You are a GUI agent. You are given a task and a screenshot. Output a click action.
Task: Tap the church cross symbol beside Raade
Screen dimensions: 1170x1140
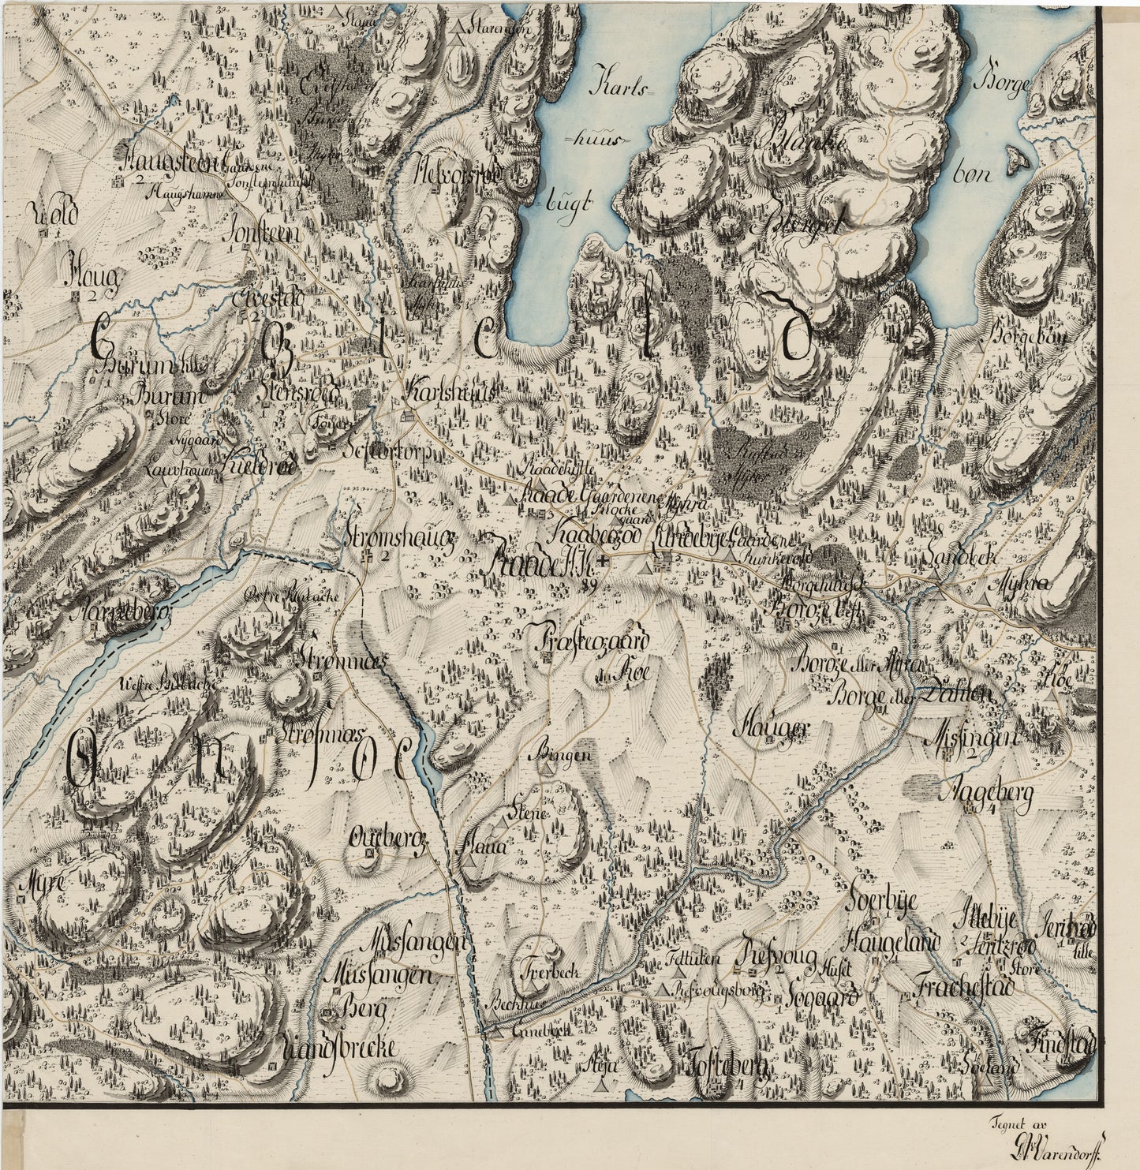(604, 561)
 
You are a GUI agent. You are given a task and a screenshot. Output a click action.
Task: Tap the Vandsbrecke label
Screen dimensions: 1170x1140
(337, 1048)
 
